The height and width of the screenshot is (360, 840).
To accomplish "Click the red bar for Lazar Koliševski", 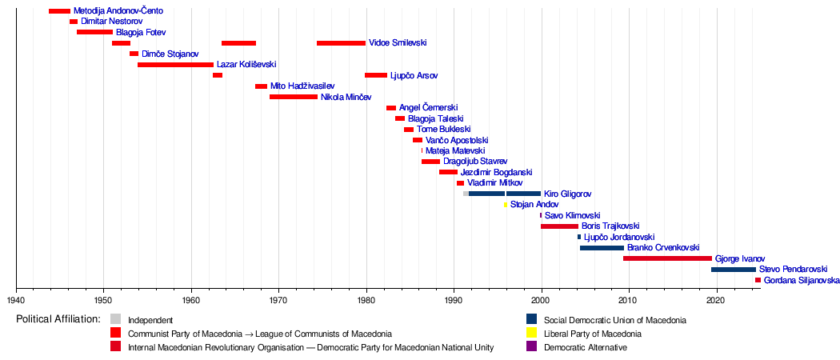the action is (175, 65).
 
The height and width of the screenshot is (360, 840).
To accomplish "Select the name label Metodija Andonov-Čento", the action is (118, 10).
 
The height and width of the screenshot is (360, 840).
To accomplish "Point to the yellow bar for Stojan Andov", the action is (505, 205).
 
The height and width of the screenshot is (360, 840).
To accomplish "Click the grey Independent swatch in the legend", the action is (116, 320).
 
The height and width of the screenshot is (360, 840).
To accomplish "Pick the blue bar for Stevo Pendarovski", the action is (734, 270).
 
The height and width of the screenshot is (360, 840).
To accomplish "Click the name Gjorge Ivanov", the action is (740, 258).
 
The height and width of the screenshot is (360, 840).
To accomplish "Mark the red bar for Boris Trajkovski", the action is (559, 226).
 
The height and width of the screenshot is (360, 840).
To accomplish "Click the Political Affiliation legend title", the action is (58, 320).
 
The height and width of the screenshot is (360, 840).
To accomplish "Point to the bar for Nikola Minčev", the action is (294, 97).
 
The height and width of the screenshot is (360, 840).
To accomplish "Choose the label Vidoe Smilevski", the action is (398, 43).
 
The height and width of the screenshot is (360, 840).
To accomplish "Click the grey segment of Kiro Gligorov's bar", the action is (466, 194).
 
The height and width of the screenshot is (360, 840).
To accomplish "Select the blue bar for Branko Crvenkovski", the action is (602, 247).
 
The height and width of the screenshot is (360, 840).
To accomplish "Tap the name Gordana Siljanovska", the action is (798, 280).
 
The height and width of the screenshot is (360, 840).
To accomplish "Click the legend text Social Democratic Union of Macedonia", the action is (615, 320).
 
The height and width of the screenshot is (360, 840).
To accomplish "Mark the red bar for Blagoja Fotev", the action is (95, 32).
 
